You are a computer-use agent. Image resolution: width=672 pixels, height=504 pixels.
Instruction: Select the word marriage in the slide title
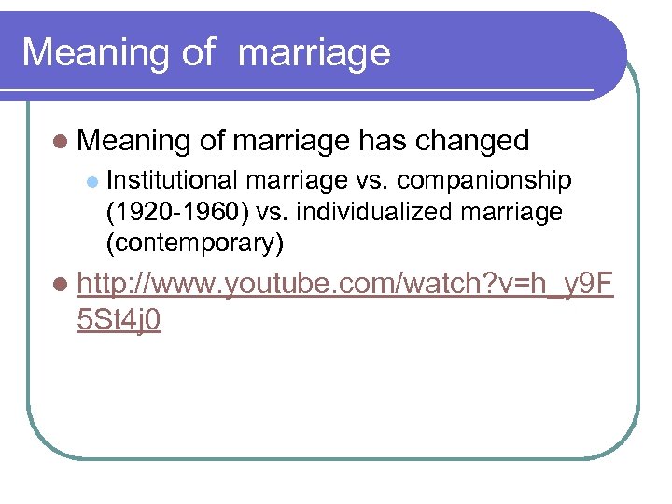click(x=315, y=54)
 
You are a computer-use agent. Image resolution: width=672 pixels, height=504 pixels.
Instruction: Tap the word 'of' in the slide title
click(x=198, y=53)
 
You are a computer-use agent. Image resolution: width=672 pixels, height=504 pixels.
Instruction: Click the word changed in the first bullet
click(x=472, y=141)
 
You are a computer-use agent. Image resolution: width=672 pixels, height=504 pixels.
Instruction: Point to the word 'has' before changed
click(x=384, y=141)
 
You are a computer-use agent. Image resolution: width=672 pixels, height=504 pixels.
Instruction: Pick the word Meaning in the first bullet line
click(x=135, y=141)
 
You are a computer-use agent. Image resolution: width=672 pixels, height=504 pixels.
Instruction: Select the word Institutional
click(x=174, y=179)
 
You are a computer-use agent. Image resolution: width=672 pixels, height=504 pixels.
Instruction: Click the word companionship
click(x=483, y=180)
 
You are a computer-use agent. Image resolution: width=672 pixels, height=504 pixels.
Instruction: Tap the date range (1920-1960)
click(x=175, y=212)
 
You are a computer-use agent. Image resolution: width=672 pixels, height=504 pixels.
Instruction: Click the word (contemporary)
click(x=194, y=244)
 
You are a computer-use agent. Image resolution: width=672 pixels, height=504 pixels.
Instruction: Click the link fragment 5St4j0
click(x=120, y=320)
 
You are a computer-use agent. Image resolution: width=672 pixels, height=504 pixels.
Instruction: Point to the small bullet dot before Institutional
click(x=91, y=180)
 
